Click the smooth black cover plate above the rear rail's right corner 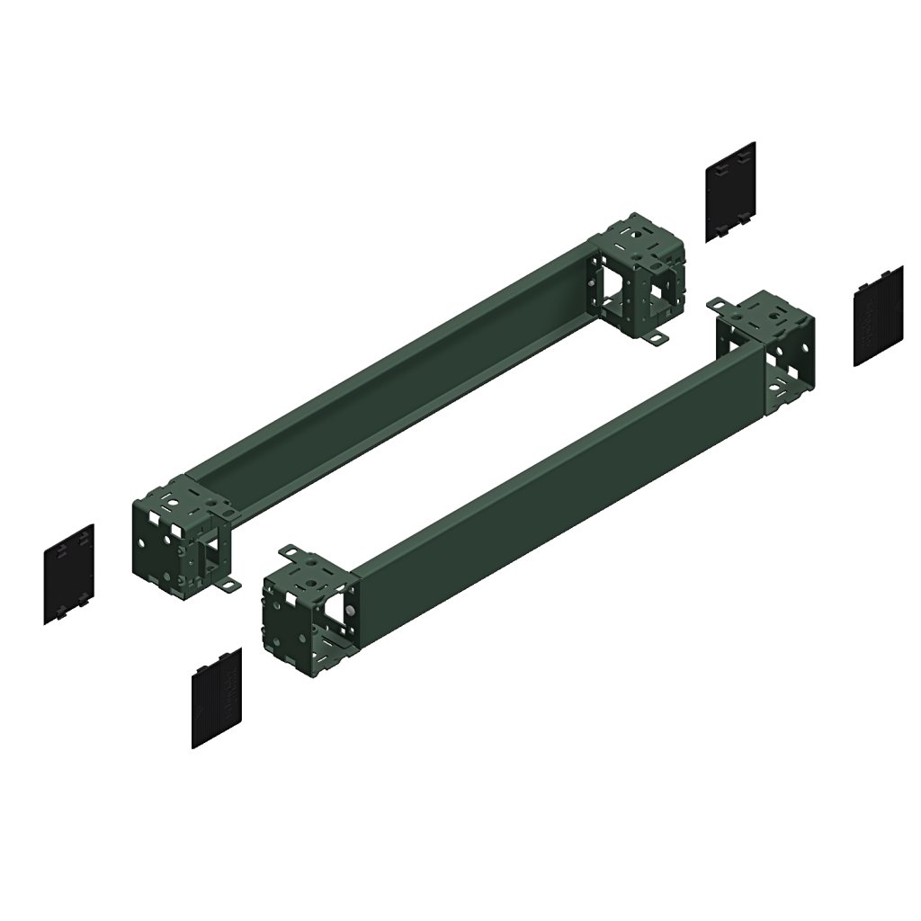point(729,191)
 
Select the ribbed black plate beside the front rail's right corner point(878,316)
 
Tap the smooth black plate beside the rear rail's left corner point(68,573)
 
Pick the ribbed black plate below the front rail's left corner point(216,697)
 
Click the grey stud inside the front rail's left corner point(349,611)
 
